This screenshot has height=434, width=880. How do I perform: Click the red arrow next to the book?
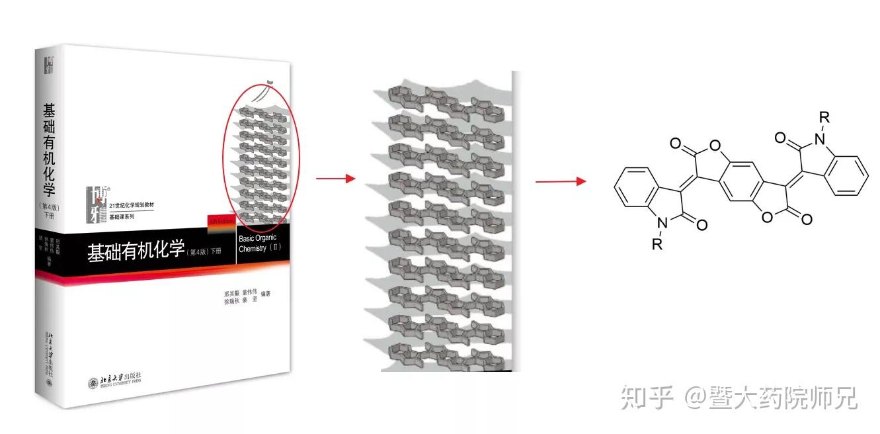[335, 179]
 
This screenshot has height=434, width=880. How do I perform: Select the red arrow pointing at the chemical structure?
[560, 181]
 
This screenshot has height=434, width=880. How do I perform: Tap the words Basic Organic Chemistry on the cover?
[259, 243]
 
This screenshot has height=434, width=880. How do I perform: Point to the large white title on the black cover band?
[136, 252]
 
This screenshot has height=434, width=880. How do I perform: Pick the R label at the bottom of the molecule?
[657, 244]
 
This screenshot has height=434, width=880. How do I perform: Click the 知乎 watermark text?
[647, 398]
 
